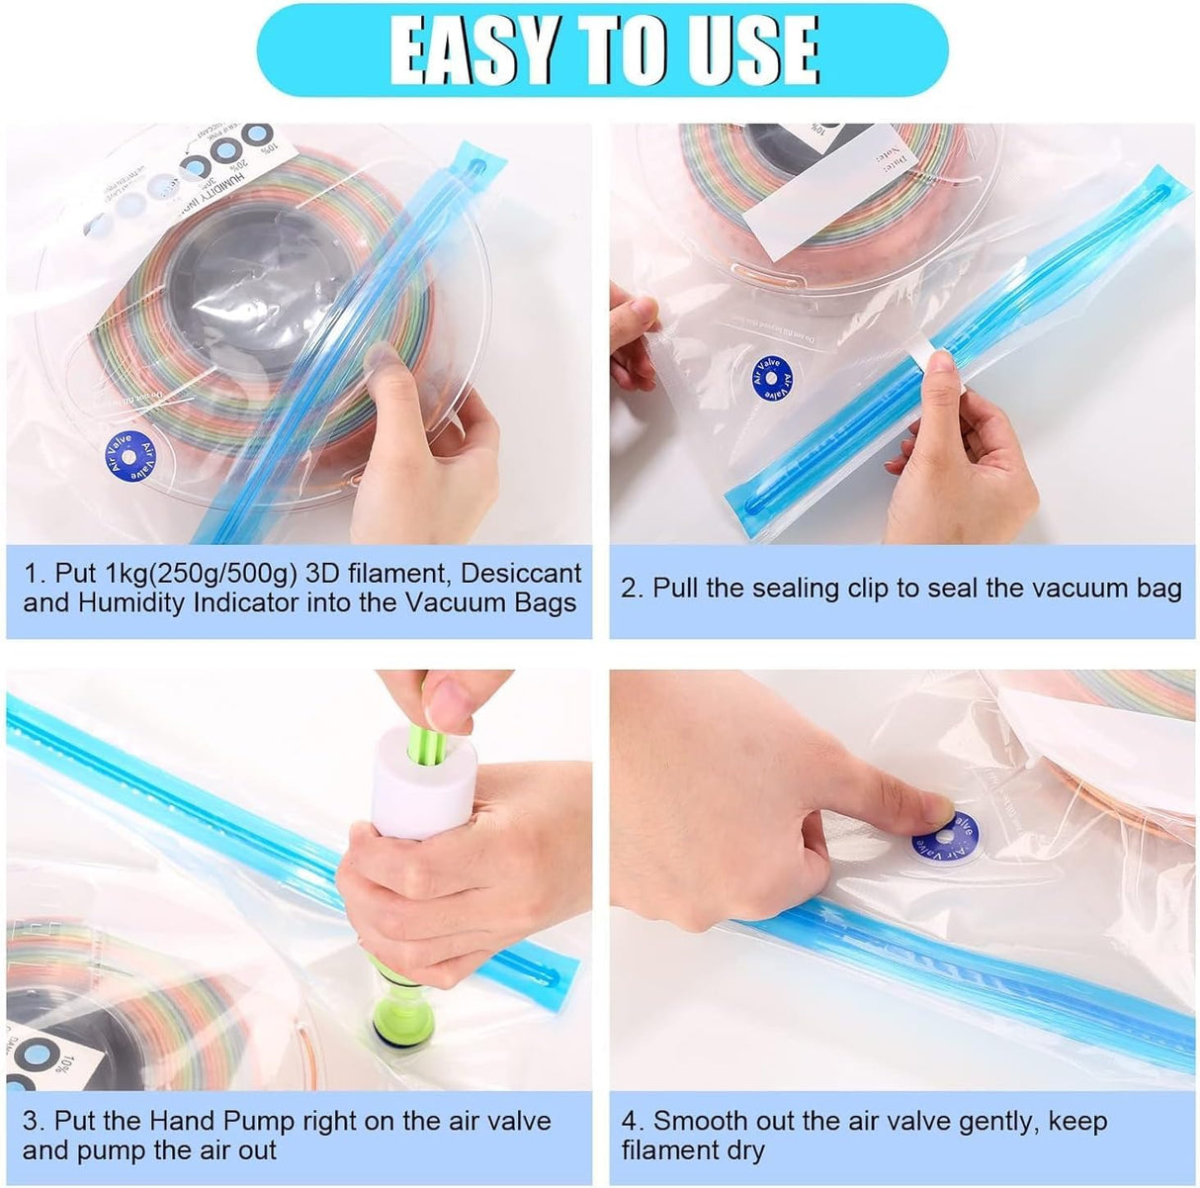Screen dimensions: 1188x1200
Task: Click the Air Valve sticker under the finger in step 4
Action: (940, 833)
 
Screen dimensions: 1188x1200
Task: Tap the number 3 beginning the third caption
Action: (31, 1121)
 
